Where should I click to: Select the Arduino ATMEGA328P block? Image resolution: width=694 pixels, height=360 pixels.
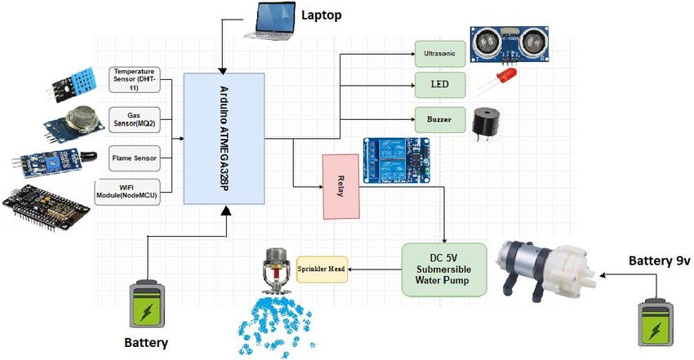[x=225, y=138]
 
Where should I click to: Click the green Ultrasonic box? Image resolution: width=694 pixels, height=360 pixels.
[x=440, y=55]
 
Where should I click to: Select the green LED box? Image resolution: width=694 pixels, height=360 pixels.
[x=440, y=85]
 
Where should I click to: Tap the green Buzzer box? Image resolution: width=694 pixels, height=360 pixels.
[x=440, y=119]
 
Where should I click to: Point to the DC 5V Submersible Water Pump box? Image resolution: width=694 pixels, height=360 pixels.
[x=444, y=269]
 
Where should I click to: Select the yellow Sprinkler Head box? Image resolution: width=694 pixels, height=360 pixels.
[x=323, y=267]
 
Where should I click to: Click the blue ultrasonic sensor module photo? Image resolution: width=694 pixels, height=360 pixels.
[x=509, y=43]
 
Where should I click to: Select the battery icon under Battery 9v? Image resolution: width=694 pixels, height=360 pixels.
[x=657, y=322]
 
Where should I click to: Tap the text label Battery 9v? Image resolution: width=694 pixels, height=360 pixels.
[x=660, y=261]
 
